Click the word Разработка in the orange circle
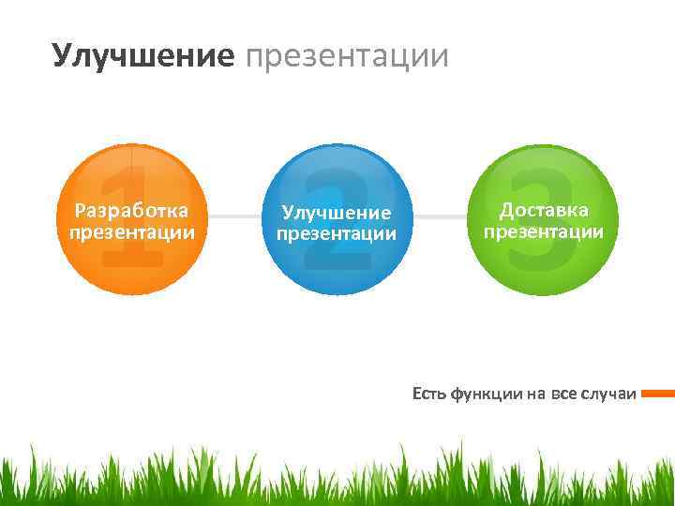click(x=131, y=209)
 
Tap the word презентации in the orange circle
click(x=131, y=231)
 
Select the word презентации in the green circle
click(x=544, y=231)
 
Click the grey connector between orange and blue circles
click(x=234, y=216)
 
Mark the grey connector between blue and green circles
click(x=440, y=216)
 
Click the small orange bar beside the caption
click(x=658, y=394)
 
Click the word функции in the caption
click(x=485, y=394)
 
